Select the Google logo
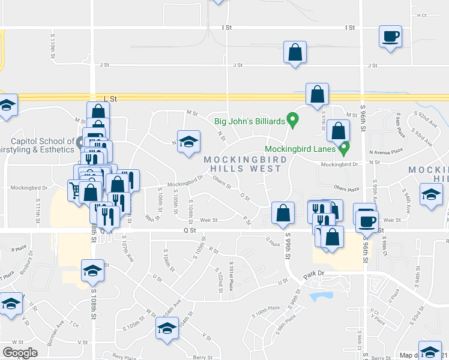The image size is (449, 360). point(20,353)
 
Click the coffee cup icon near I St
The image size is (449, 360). point(390,37)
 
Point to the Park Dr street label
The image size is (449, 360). point(313,273)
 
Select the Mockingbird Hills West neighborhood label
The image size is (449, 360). point(243,164)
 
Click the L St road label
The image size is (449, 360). point(109,97)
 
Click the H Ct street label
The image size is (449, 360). point(421,15)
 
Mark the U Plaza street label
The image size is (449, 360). point(394,296)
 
